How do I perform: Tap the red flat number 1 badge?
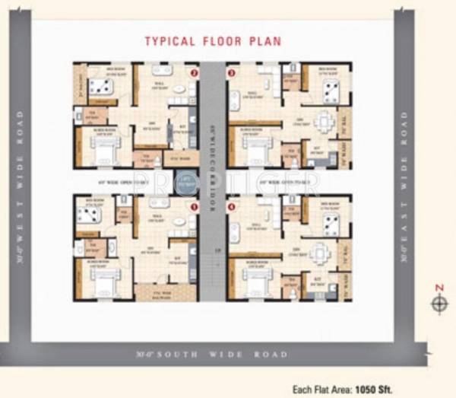[195, 206]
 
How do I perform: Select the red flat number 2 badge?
[195, 74]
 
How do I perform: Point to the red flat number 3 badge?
[232, 74]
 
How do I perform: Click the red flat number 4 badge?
[232, 206]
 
